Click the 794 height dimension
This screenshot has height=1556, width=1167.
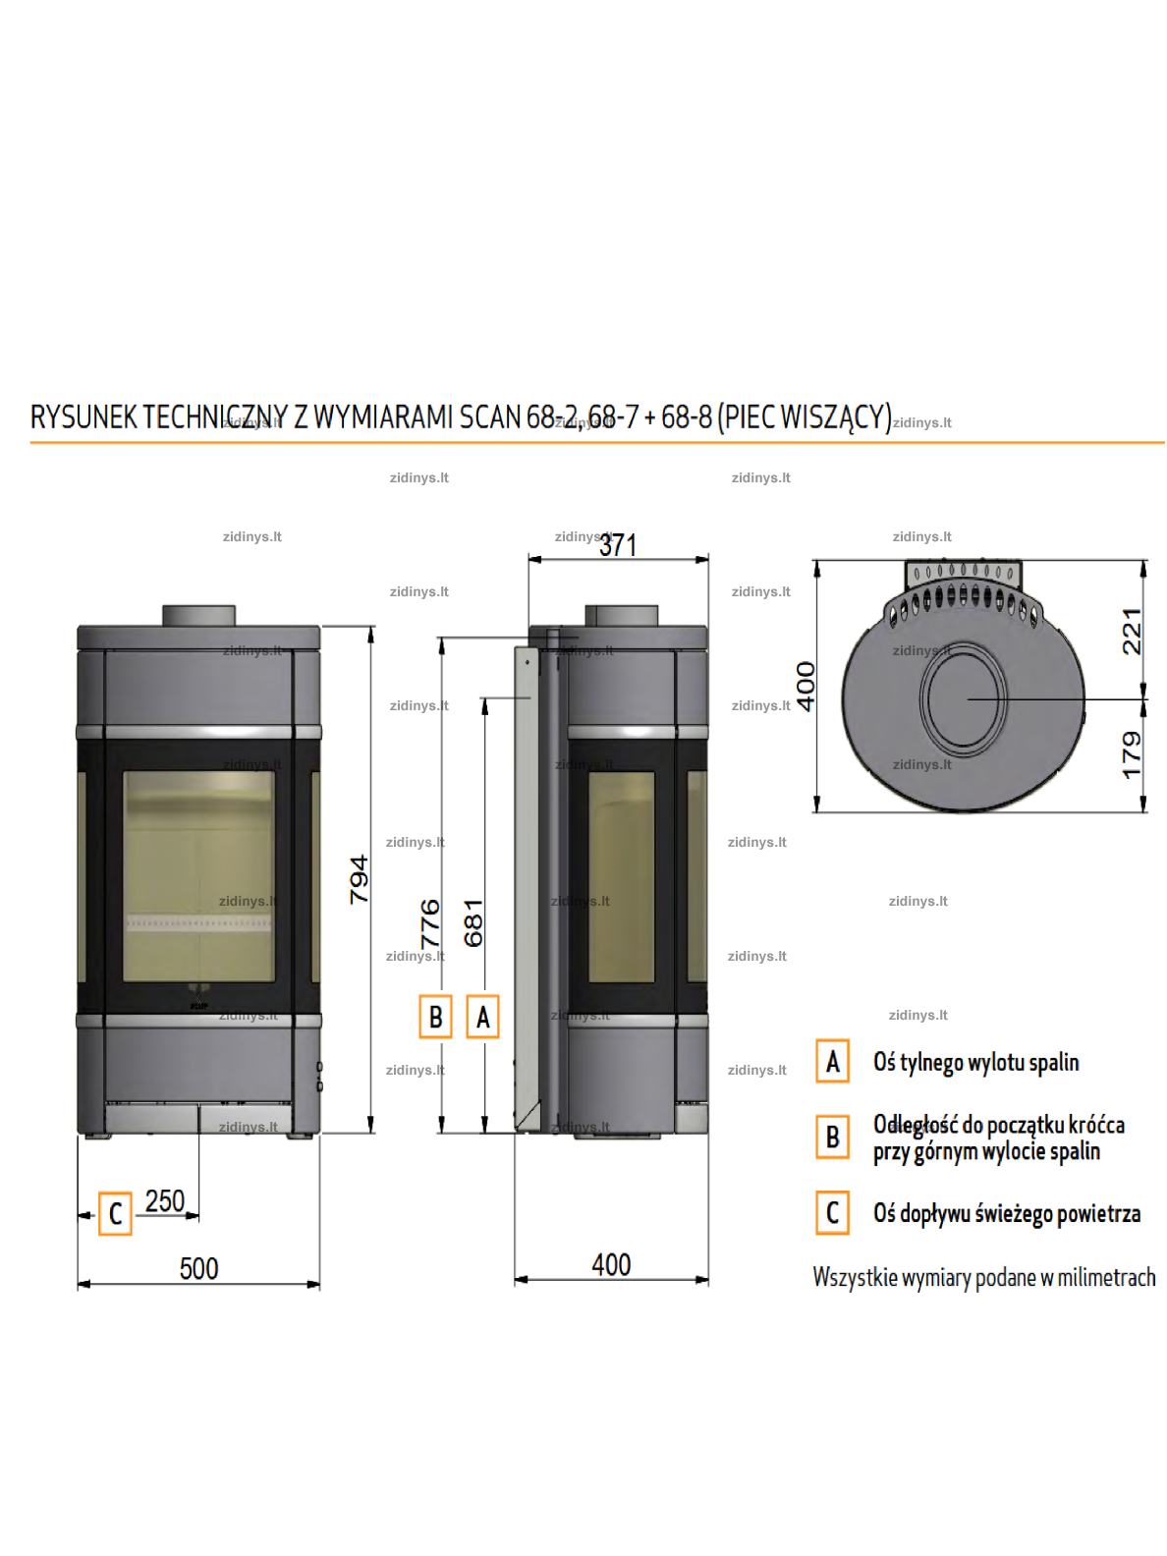click(360, 878)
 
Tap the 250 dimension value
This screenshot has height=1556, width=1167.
click(164, 1201)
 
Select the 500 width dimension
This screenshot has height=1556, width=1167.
click(198, 1269)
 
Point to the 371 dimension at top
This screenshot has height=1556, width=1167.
click(618, 545)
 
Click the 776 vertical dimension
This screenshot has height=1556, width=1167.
click(430, 923)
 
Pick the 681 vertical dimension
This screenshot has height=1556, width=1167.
click(473, 923)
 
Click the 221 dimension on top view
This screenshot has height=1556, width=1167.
click(1132, 631)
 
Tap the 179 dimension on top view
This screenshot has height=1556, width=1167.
click(1132, 755)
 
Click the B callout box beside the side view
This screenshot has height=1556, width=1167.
click(435, 1017)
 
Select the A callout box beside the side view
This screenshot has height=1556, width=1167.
click(482, 1017)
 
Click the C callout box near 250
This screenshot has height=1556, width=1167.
click(115, 1213)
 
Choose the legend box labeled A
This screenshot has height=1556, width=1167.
click(832, 1061)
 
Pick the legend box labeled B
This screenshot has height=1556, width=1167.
click(832, 1137)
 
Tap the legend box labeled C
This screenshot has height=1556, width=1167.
click(832, 1212)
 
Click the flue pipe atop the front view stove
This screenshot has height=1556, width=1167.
click(198, 615)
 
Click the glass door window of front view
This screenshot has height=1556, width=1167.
click(198, 875)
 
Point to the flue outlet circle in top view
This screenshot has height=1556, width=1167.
click(963, 698)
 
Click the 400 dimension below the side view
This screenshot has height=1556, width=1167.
click(611, 1265)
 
